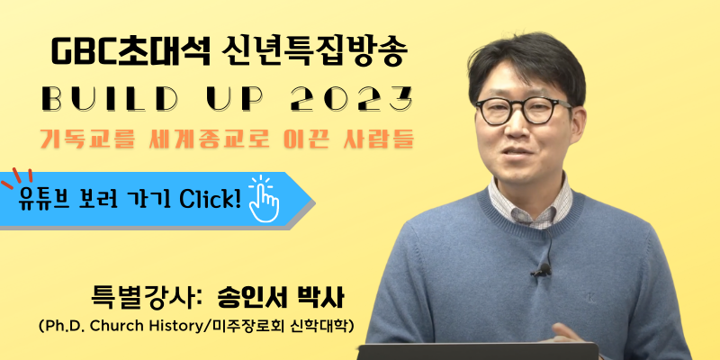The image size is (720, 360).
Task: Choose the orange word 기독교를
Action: [86, 139]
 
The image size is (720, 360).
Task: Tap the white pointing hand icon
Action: [264, 198]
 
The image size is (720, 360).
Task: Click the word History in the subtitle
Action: [179, 327]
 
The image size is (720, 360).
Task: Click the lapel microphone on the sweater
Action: [542, 270]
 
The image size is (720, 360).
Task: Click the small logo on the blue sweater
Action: [591, 299]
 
